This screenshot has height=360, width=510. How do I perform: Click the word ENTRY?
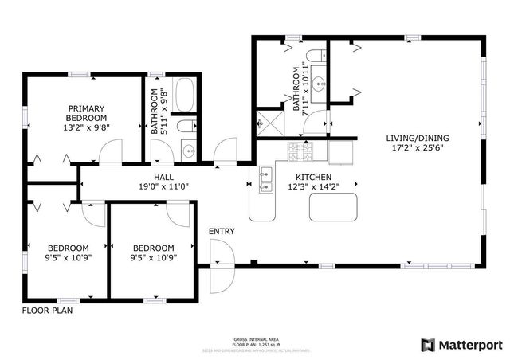click(x=222, y=232)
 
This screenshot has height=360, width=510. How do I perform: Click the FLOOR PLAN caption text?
click(x=47, y=311)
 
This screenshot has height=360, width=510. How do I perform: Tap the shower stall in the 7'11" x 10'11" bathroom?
click(x=264, y=125)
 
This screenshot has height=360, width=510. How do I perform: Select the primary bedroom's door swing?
click(x=110, y=151)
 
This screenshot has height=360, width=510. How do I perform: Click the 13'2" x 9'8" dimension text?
click(x=87, y=125)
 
